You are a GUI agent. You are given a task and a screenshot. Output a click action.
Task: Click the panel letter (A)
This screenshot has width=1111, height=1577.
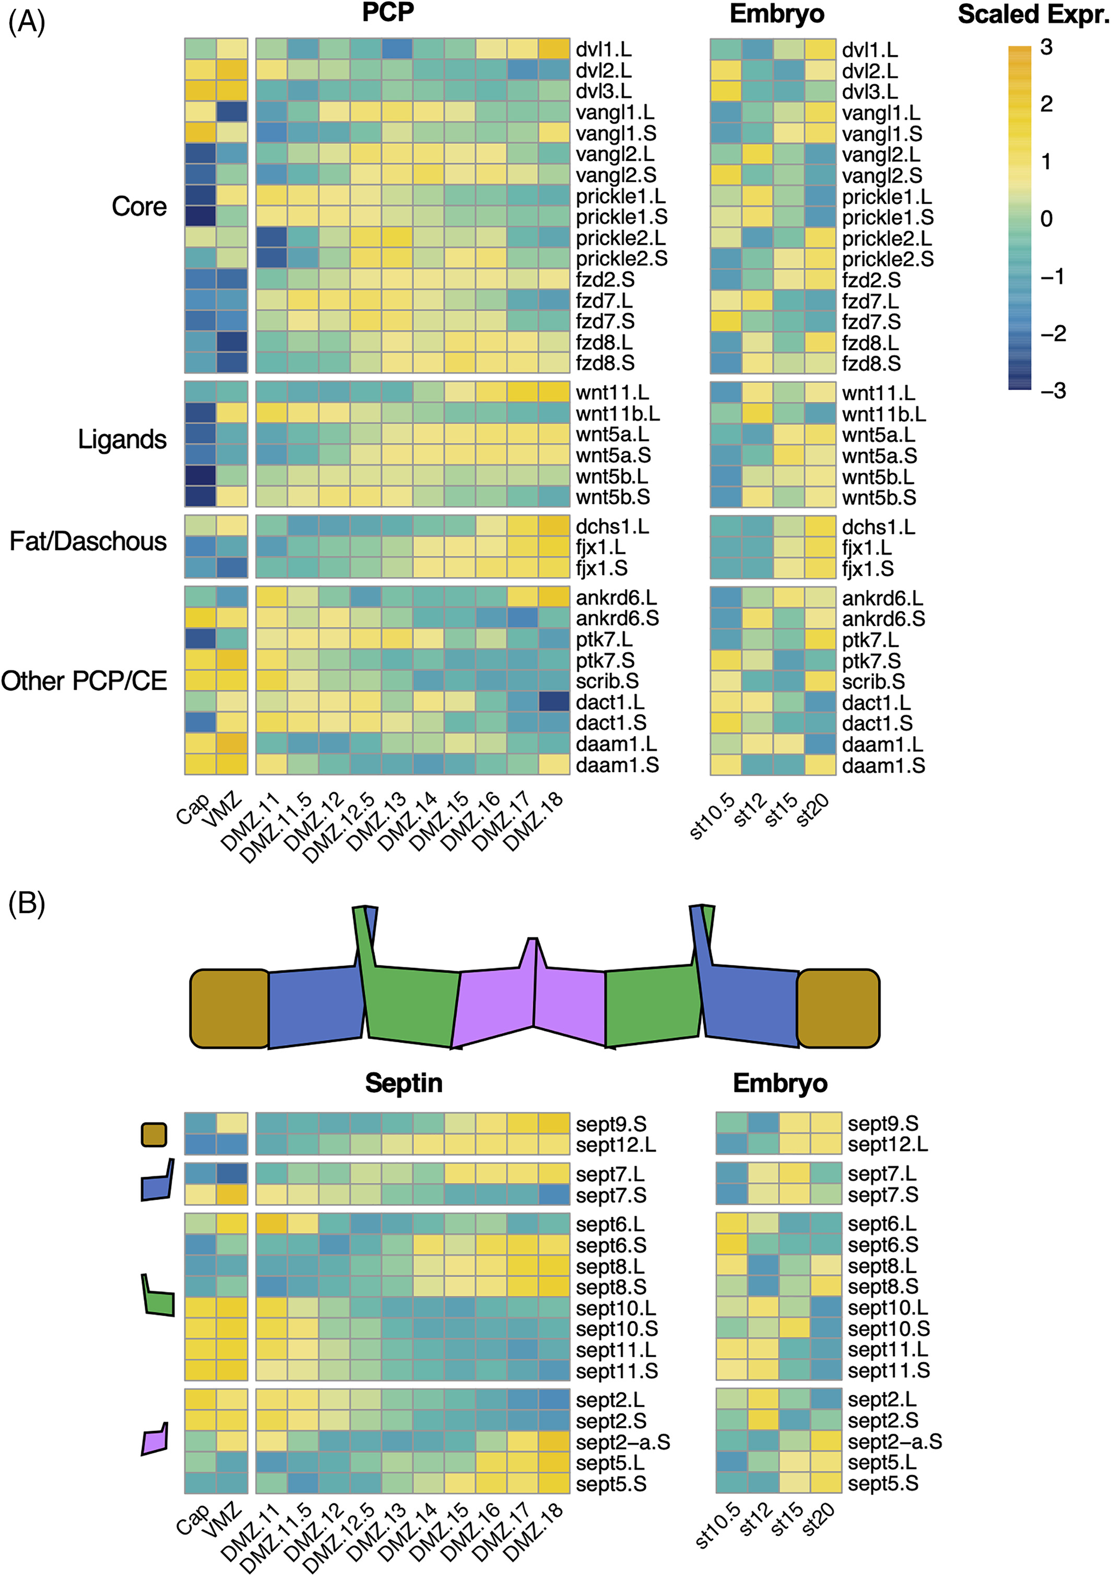[26, 22]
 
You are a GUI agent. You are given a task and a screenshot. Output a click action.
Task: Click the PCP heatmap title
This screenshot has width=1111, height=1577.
[388, 13]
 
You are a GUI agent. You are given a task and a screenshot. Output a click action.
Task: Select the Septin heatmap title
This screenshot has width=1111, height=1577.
[404, 1083]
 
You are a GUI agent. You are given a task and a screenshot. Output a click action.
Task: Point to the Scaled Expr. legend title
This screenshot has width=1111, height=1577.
[1033, 14]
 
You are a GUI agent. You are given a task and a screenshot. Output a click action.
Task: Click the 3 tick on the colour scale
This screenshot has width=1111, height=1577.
[1046, 48]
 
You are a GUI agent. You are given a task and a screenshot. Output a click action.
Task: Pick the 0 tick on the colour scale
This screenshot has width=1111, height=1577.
[1046, 219]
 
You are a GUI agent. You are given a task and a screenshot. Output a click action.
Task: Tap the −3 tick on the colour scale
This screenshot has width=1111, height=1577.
[1053, 391]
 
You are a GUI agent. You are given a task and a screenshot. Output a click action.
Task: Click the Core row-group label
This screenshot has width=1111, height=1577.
[139, 206]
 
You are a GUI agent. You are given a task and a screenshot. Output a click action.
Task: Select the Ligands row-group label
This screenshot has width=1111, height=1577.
[122, 440]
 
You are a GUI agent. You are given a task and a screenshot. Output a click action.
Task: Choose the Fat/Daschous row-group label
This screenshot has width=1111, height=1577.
[88, 541]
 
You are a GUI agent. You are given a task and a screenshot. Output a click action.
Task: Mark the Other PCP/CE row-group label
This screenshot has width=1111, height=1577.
[84, 681]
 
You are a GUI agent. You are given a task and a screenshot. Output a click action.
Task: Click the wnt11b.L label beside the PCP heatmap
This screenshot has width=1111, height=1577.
[617, 413]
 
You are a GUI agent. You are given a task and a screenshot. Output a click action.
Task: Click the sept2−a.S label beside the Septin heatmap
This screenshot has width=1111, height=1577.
[622, 1442]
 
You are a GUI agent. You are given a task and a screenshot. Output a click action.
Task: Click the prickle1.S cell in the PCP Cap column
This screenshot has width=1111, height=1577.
[200, 216]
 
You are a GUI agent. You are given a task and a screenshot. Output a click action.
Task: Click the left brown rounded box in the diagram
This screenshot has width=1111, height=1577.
[229, 1009]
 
